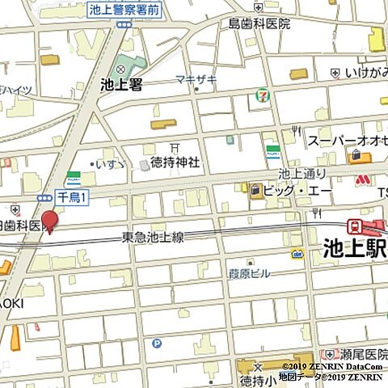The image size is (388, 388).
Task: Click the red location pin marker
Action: click(x=50, y=219)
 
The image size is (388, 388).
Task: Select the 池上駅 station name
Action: click(x=354, y=247)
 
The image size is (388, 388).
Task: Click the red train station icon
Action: click(x=355, y=226)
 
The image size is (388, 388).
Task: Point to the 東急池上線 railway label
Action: click(x=153, y=237)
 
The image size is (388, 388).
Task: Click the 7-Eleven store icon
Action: click(x=263, y=95)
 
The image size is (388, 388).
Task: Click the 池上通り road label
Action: click(x=302, y=173)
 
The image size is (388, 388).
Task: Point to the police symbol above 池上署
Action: click(x=121, y=69)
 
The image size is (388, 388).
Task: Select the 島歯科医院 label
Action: click(x=259, y=23)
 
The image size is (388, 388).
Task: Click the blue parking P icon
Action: click(x=157, y=343)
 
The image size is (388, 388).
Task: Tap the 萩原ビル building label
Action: click(x=250, y=274)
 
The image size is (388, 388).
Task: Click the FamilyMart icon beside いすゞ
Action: click(x=74, y=175)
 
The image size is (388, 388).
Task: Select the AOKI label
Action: click(x=11, y=302)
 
